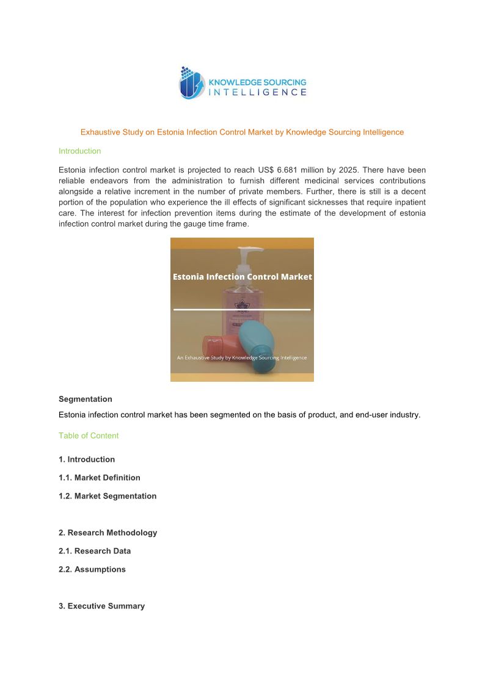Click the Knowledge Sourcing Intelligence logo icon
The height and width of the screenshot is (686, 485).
(x=192, y=83)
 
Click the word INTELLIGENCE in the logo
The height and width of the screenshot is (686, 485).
(x=258, y=92)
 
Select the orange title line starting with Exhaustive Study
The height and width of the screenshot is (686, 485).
(x=242, y=132)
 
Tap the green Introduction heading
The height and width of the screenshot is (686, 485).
(x=79, y=151)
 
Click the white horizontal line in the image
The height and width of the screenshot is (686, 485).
(x=242, y=310)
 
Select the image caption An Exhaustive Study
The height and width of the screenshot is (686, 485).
(x=242, y=357)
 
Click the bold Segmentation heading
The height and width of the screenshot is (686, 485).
(x=86, y=399)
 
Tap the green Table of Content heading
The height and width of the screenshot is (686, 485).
(x=89, y=436)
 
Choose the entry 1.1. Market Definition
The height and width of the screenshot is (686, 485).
(x=100, y=478)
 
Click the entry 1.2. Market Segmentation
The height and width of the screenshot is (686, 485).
(x=108, y=496)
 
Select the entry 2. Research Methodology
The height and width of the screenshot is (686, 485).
(x=108, y=533)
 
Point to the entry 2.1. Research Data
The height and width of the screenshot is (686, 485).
(x=95, y=551)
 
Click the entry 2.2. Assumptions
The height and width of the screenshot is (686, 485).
(x=92, y=569)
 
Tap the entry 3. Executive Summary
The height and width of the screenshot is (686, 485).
(x=101, y=606)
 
